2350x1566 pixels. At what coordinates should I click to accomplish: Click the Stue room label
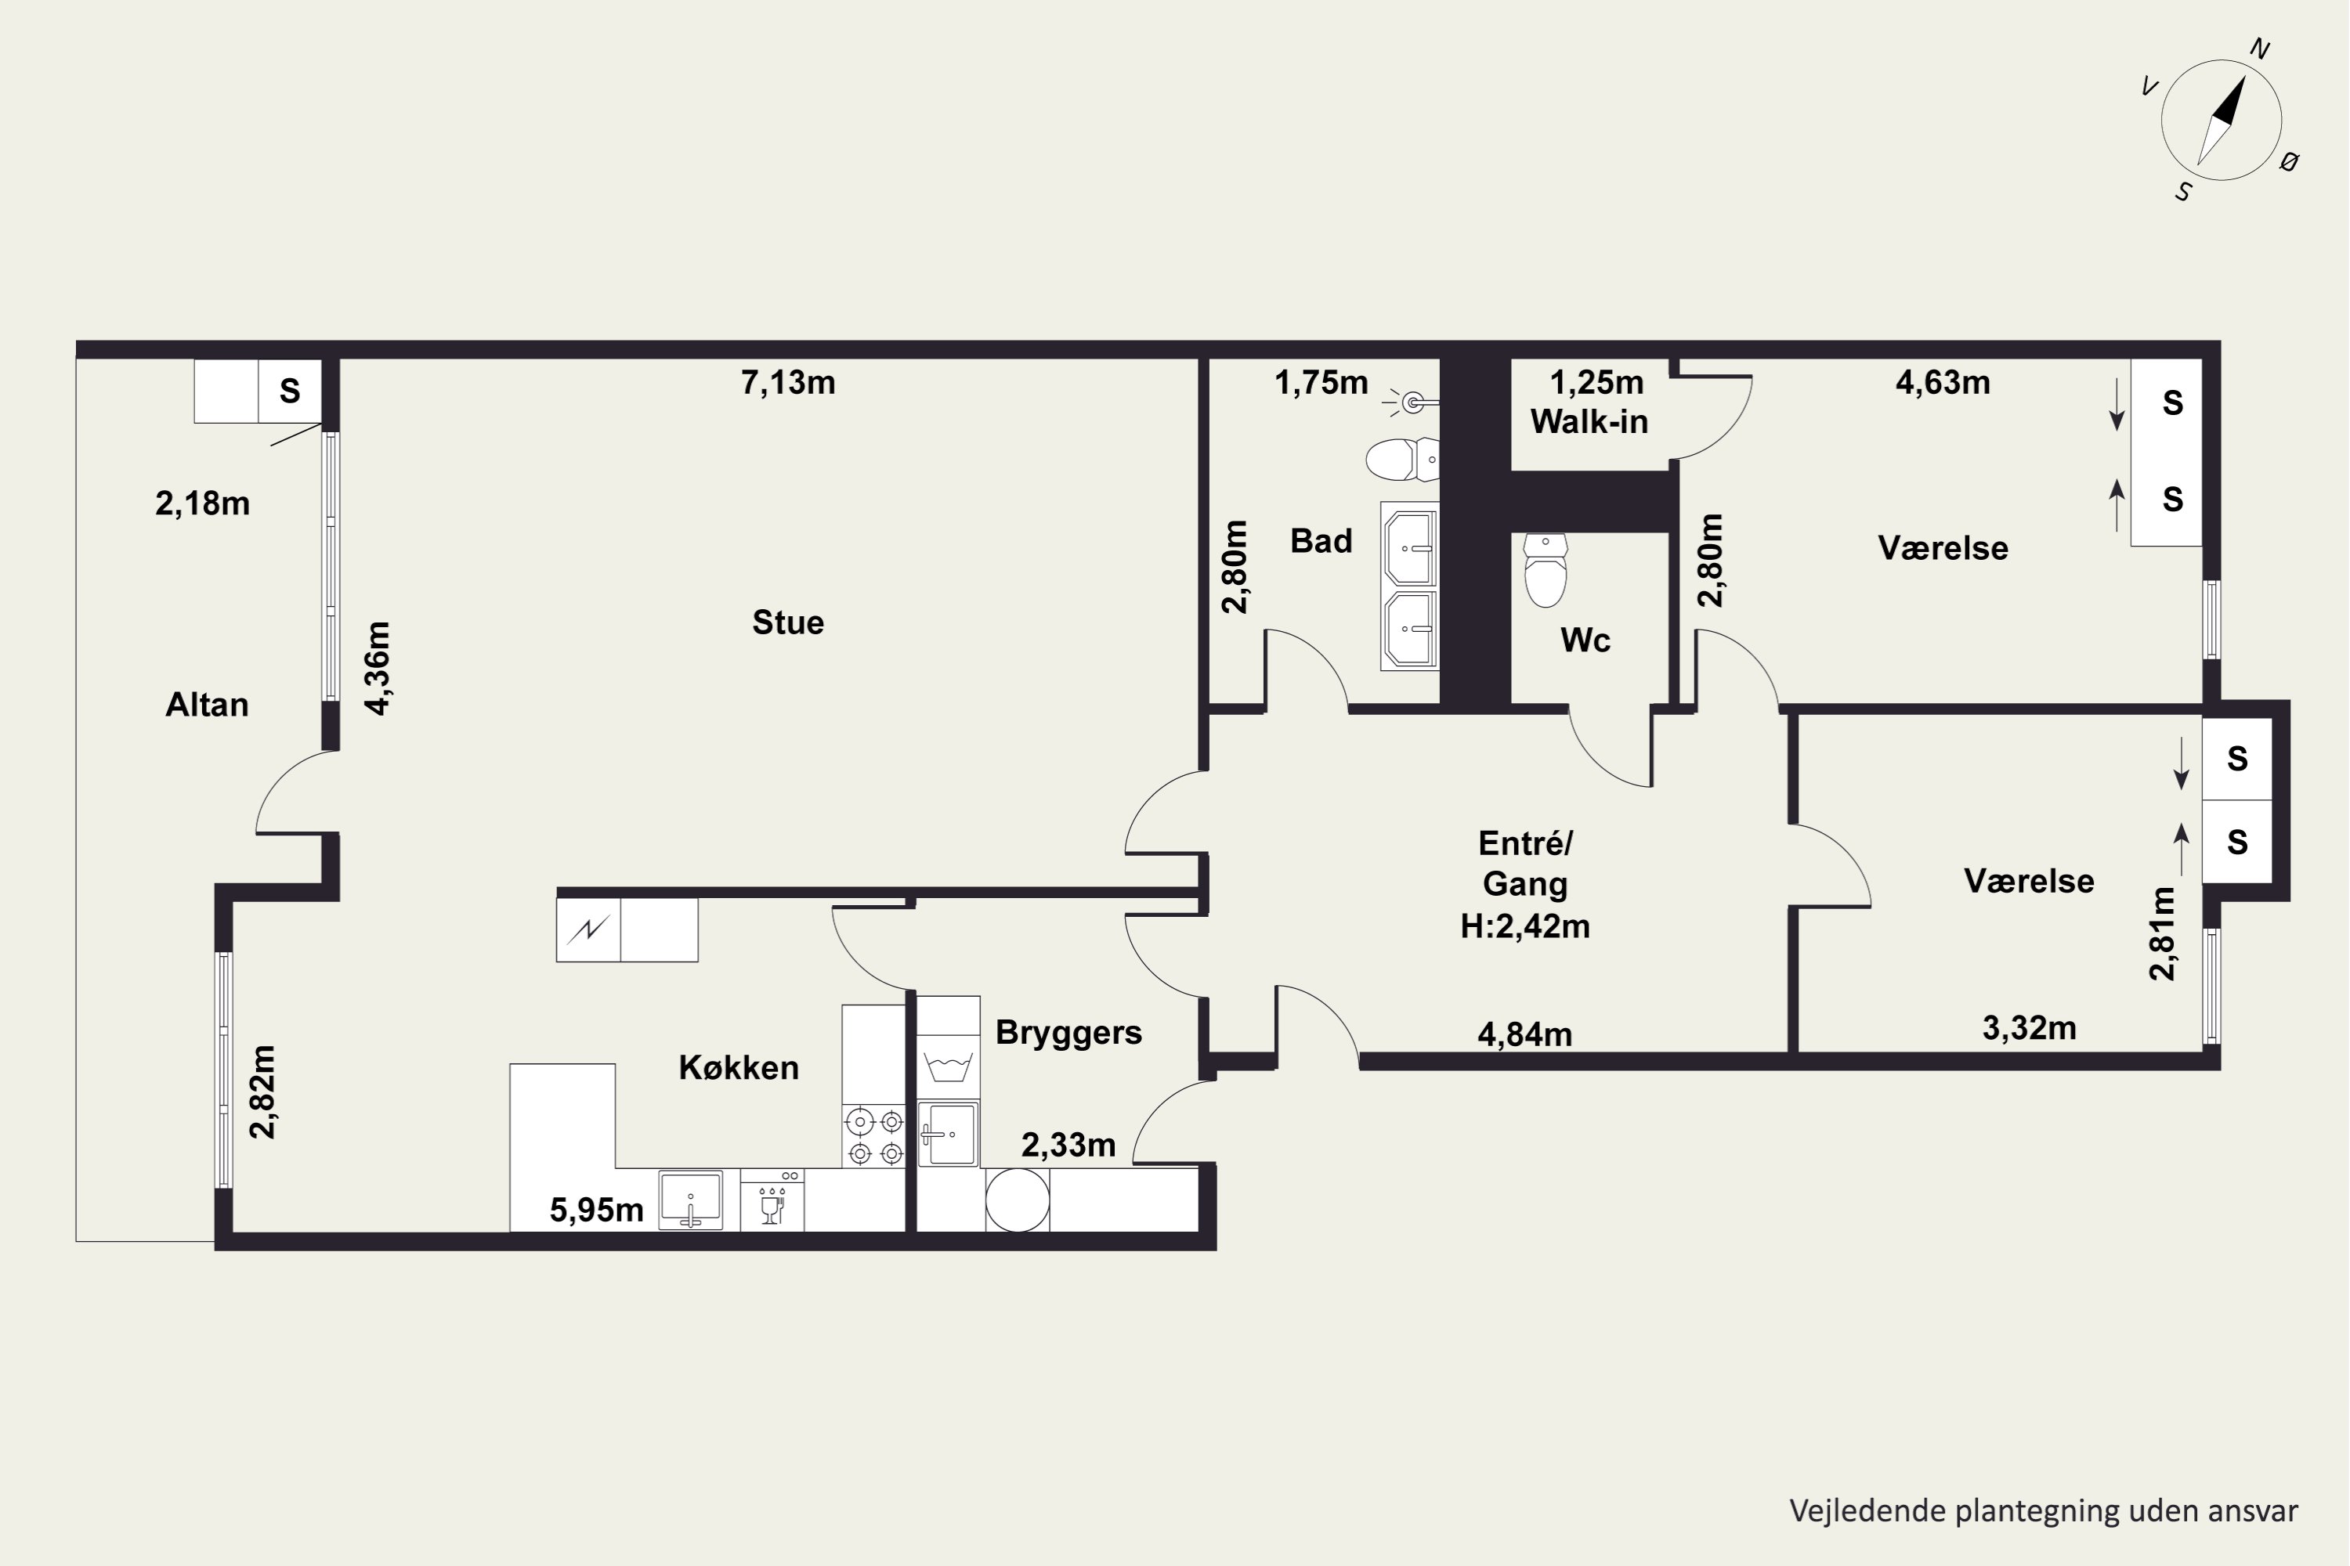coord(788,622)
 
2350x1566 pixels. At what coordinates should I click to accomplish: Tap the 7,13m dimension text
coord(788,383)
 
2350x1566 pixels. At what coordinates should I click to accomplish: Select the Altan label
coord(207,705)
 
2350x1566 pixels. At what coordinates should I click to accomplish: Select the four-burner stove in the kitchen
coord(874,1137)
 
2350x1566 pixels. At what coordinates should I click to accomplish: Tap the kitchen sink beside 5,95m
coord(690,1200)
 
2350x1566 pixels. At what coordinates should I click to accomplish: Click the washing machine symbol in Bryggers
coord(948,1066)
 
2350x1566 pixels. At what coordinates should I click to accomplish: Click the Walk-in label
coord(1589,421)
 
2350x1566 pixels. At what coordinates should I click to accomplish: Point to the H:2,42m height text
coord(1524,926)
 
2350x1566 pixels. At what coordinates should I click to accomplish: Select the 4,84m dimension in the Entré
coord(1524,1034)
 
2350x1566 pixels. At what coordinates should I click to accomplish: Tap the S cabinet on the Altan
coord(290,391)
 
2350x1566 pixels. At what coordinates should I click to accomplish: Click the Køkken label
coord(739,1068)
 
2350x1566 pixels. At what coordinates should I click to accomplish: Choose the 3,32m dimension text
coord(2030,1027)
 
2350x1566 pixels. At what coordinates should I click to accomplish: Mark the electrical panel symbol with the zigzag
coord(588,930)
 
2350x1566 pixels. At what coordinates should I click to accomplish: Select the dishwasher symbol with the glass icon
coord(772,1200)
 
